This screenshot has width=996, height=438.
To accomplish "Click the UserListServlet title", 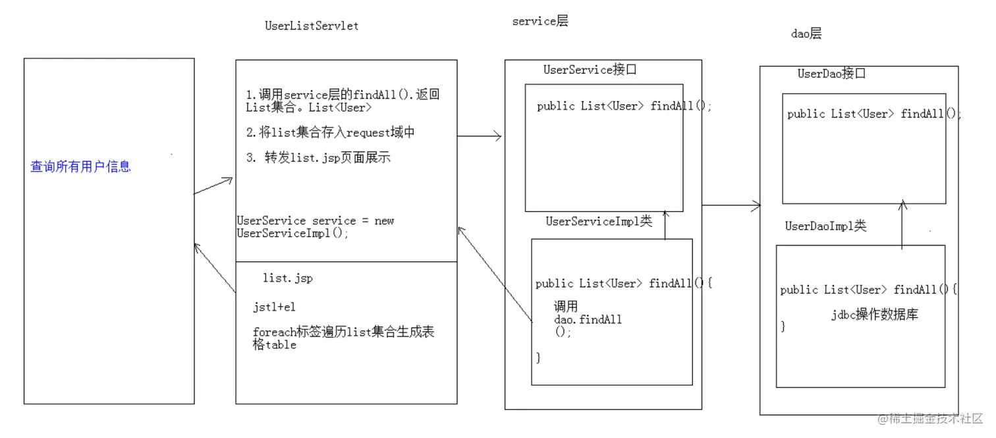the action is pyautogui.click(x=312, y=26).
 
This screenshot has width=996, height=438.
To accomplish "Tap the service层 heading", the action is pyautogui.click(x=540, y=21).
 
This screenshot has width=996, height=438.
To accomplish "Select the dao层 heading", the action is pyautogui.click(x=806, y=34).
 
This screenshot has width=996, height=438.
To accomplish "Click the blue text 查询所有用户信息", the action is pyautogui.click(x=80, y=166).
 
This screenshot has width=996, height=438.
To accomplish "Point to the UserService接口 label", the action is pyautogui.click(x=590, y=69).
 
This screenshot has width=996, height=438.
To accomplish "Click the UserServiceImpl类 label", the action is pyautogui.click(x=599, y=221).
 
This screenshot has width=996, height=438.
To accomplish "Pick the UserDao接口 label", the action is pyautogui.click(x=831, y=73).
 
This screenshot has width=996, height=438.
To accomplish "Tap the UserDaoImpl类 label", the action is pyautogui.click(x=825, y=226).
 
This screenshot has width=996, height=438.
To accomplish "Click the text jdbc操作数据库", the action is pyautogui.click(x=875, y=315).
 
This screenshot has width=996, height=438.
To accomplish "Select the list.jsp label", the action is pyautogui.click(x=288, y=278).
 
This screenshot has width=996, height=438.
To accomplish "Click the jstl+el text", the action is pyautogui.click(x=274, y=307).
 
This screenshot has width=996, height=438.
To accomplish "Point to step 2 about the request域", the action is pyautogui.click(x=331, y=132).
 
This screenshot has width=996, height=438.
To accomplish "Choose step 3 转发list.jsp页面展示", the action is pyautogui.click(x=318, y=157).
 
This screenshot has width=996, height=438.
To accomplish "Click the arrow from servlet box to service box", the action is pyautogui.click(x=480, y=136).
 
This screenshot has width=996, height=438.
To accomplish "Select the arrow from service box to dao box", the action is pyautogui.click(x=731, y=206).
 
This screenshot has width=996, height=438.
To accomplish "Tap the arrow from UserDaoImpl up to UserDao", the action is pyautogui.click(x=902, y=225).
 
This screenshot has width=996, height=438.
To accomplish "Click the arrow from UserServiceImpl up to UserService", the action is pyautogui.click(x=665, y=225).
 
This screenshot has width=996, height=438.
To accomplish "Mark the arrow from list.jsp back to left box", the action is pyautogui.click(x=215, y=268).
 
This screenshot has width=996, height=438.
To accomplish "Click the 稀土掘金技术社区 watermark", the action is pyautogui.click(x=929, y=418).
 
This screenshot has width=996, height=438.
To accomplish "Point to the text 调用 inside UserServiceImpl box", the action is pyautogui.click(x=566, y=306).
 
